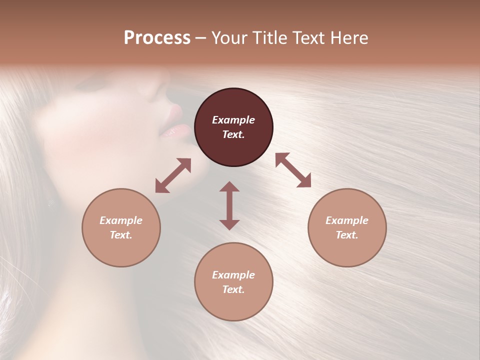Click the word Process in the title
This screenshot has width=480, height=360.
coord(157,38)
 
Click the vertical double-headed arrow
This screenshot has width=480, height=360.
coord(229,205)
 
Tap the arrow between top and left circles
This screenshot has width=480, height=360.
coord(173,175)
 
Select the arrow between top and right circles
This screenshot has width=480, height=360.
coord(293,170)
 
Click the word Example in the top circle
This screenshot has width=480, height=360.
coord(233,120)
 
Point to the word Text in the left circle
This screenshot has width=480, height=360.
coord(121,235)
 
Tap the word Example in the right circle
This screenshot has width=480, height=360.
coord(347,220)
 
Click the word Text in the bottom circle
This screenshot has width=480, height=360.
coord(233,289)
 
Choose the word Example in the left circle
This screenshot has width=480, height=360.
coord(121,220)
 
